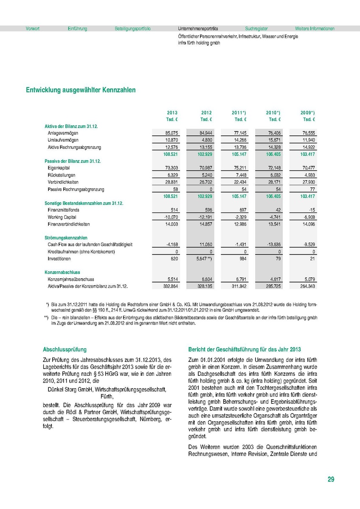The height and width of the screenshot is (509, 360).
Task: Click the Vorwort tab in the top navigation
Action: [33, 29]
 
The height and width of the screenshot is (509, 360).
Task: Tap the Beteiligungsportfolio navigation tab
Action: [132, 29]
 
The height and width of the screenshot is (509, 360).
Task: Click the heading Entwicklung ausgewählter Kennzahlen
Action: [81, 90]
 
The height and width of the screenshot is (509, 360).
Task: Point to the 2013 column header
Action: [172, 113]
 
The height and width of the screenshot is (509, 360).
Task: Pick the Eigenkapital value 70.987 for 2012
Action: [206, 168]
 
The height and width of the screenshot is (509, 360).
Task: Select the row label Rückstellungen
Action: [62, 175]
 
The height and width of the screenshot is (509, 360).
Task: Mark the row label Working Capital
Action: [63, 217]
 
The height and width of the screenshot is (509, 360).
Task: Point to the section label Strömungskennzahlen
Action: [66, 238]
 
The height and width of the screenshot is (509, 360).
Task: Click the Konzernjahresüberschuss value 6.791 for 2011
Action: [240, 280]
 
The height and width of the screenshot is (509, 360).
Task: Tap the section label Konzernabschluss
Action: [62, 272]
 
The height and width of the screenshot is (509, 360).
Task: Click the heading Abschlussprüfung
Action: [65, 350]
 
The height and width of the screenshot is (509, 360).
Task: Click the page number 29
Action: [331, 479]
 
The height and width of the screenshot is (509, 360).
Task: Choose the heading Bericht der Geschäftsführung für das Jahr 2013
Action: [245, 350]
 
